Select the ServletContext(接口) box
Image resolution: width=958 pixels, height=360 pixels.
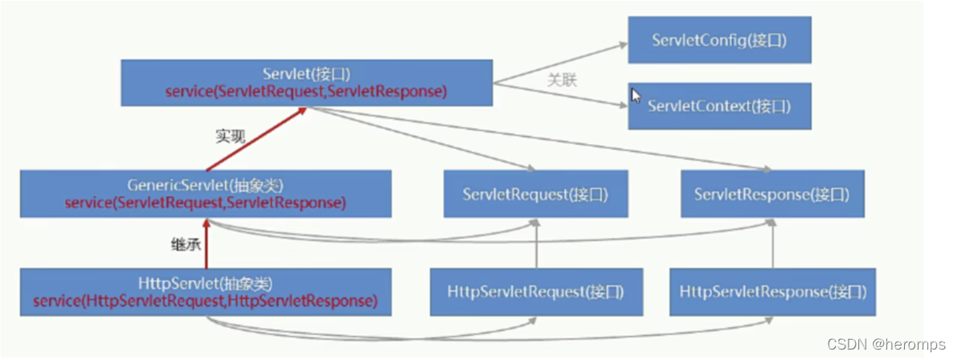[719, 106]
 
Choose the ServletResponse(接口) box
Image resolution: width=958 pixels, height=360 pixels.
[772, 194]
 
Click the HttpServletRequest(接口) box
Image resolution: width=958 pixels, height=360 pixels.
[536, 291]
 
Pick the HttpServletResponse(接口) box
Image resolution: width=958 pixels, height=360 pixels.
[772, 291]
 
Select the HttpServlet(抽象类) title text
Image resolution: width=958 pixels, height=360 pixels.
[205, 284]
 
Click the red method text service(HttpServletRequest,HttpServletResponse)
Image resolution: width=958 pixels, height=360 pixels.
[205, 301]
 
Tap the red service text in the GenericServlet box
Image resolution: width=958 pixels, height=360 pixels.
[205, 202]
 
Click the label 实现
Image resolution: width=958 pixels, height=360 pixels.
[229, 137]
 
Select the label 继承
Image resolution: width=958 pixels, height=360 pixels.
[186, 244]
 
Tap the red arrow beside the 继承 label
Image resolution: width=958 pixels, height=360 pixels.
[207, 244]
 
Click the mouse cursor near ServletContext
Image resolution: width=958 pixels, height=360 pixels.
[637, 96]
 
